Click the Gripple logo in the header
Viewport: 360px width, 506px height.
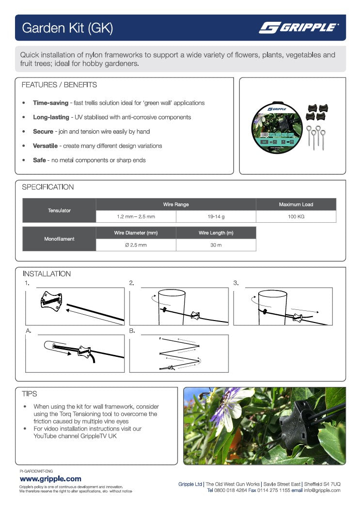(x=298, y=28)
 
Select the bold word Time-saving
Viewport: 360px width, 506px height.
(x=50, y=103)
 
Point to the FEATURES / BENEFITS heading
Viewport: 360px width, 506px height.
(x=59, y=85)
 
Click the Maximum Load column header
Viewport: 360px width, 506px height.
(x=296, y=204)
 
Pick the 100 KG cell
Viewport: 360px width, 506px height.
(x=296, y=217)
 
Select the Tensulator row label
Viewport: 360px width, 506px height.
(x=59, y=211)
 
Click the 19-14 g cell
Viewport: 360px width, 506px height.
(x=216, y=217)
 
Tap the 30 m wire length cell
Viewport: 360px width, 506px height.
(x=216, y=245)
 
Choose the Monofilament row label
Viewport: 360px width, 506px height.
(x=59, y=239)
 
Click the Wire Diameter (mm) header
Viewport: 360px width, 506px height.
(x=136, y=233)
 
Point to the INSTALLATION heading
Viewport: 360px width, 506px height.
(x=47, y=274)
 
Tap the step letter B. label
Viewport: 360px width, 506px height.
(x=132, y=331)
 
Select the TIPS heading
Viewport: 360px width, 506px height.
(x=30, y=394)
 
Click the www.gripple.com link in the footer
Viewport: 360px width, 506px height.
(x=50, y=479)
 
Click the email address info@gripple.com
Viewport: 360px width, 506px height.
(x=322, y=491)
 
